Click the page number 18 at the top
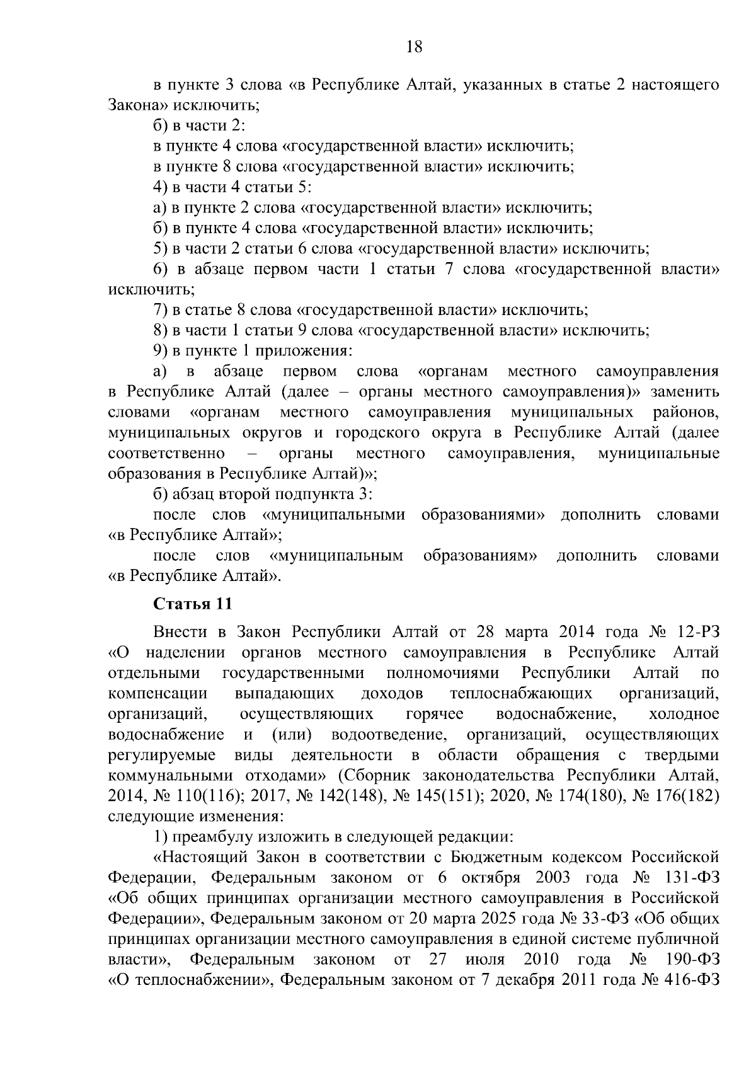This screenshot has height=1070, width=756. [x=414, y=47]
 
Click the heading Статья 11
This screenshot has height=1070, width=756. [x=193, y=603]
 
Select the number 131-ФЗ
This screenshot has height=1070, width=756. [x=692, y=877]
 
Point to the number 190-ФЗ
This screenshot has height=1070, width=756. [x=692, y=959]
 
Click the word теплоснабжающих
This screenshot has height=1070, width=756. [x=521, y=693]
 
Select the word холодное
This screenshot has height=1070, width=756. [x=684, y=714]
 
